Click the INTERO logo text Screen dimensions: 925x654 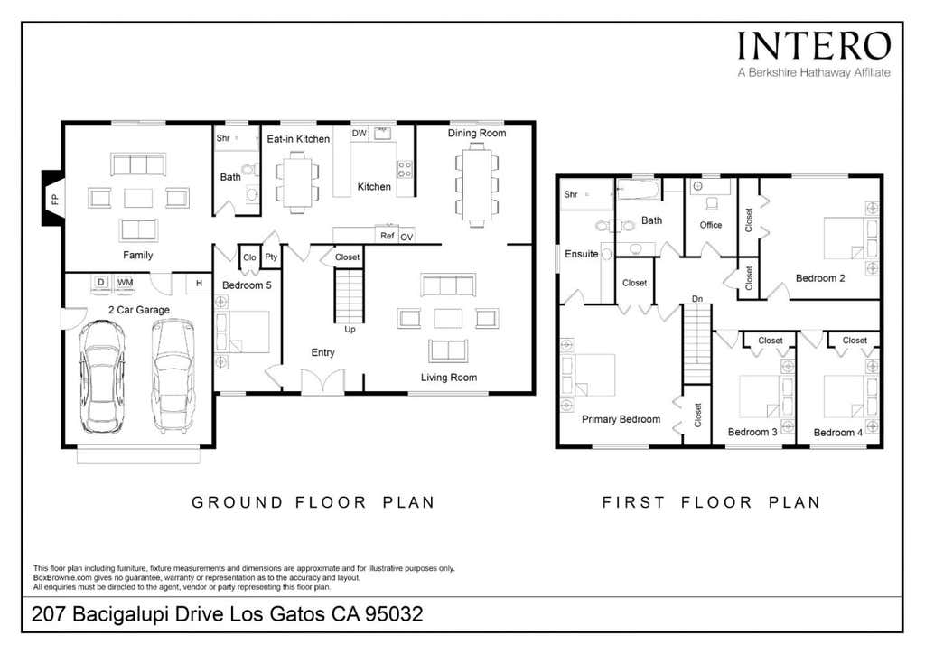click(814, 46)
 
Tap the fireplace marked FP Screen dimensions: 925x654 click(51, 198)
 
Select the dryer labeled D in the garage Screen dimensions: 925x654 click(101, 283)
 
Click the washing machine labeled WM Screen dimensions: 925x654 click(125, 283)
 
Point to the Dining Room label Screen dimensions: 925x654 click(477, 134)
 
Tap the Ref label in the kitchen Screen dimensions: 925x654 click(387, 235)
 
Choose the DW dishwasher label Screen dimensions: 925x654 click(360, 134)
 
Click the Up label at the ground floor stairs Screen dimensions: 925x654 click(350, 329)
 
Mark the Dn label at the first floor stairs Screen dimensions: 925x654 click(697, 299)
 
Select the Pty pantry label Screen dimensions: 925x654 click(271, 257)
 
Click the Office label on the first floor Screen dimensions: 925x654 click(711, 225)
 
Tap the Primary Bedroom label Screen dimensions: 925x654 click(621, 419)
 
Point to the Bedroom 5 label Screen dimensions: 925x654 click(247, 285)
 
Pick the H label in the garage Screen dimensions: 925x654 click(199, 283)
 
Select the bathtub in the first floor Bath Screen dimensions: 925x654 click(639, 190)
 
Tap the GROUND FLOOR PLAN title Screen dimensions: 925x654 click(313, 502)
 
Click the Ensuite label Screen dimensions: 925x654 click(581, 254)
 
